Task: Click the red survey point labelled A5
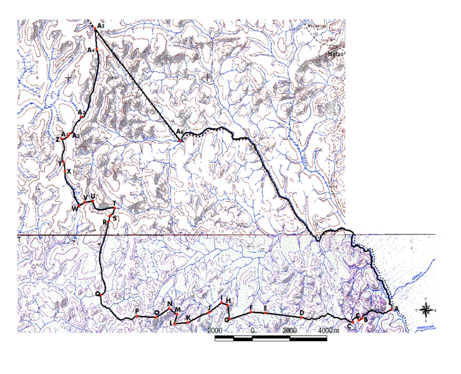96,30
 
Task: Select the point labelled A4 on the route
96,50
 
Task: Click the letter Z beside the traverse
58,140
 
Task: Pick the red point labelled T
114,209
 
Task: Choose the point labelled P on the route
137,317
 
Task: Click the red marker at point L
175,324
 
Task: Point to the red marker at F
251,312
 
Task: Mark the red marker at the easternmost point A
391,309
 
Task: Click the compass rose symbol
426,309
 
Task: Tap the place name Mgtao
335,52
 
